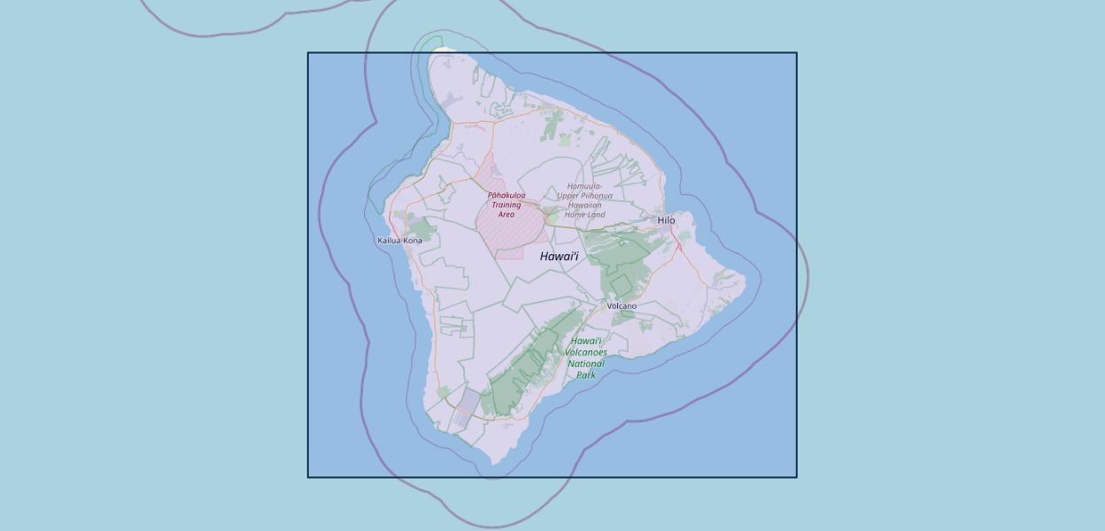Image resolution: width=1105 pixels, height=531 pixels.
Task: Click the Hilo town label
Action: (x=666, y=220)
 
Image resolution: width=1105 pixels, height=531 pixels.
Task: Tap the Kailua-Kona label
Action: (x=399, y=241)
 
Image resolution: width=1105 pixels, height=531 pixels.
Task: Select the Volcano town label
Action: (x=622, y=306)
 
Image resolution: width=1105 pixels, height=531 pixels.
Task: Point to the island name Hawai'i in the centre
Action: (x=559, y=257)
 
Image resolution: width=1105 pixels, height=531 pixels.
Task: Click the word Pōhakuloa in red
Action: (x=506, y=196)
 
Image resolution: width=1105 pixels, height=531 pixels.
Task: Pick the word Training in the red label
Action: (x=506, y=205)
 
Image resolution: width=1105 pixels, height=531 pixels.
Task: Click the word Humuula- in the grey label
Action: (x=584, y=187)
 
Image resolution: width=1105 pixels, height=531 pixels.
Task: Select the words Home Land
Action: (x=584, y=215)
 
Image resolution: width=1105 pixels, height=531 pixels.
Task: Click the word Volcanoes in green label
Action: (x=586, y=352)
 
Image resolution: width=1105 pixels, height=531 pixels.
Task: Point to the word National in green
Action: (x=586, y=364)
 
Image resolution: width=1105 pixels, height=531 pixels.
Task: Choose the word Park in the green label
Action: (x=586, y=375)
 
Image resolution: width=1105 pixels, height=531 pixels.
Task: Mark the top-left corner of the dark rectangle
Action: (x=308, y=53)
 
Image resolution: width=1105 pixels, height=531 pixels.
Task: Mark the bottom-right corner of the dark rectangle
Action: (x=797, y=477)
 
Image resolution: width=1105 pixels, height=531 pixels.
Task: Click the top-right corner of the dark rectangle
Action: (x=797, y=53)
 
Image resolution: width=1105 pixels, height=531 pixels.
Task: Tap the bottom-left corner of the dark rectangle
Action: (x=308, y=477)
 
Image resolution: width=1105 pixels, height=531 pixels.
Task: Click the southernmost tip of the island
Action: (x=491, y=464)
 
